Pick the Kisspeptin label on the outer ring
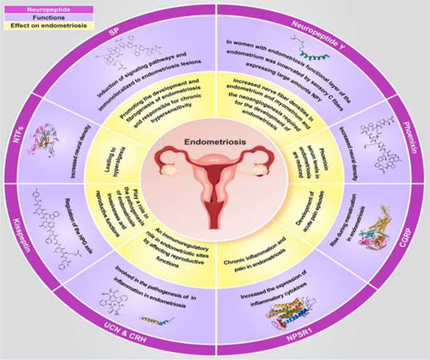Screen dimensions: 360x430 21,232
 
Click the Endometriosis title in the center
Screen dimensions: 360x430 215,142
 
